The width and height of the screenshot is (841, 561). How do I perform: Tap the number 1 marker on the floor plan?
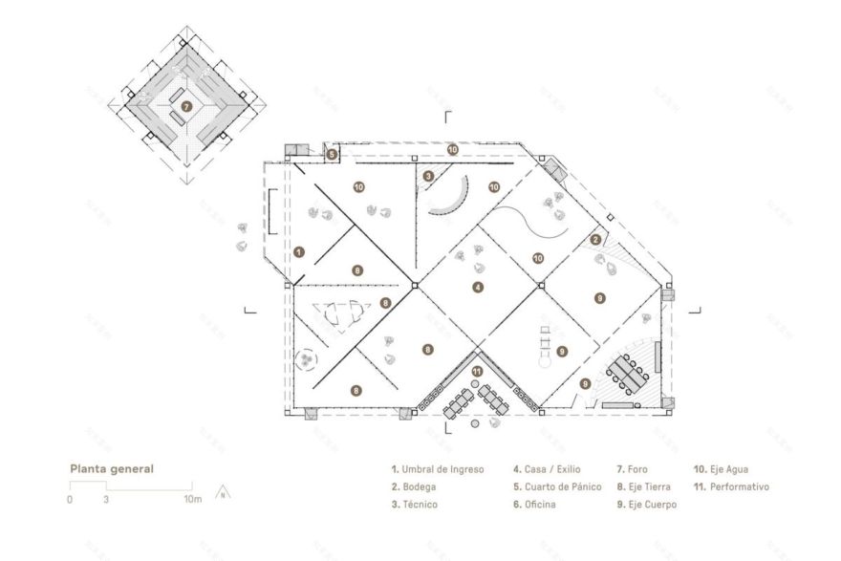click(x=300, y=252)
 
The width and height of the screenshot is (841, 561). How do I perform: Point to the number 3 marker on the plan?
click(x=429, y=175)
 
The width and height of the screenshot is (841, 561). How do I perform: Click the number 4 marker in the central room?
click(x=477, y=286)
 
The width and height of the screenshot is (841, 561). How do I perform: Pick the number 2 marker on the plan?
click(x=594, y=240)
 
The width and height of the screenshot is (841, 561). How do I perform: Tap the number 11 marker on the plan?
click(x=477, y=370)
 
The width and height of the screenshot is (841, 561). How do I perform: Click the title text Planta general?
click(x=111, y=469)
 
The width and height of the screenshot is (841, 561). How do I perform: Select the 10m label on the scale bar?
click(x=193, y=499)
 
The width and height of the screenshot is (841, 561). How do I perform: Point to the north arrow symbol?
click(x=222, y=494)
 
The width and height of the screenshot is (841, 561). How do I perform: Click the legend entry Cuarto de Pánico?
click(x=562, y=486)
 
